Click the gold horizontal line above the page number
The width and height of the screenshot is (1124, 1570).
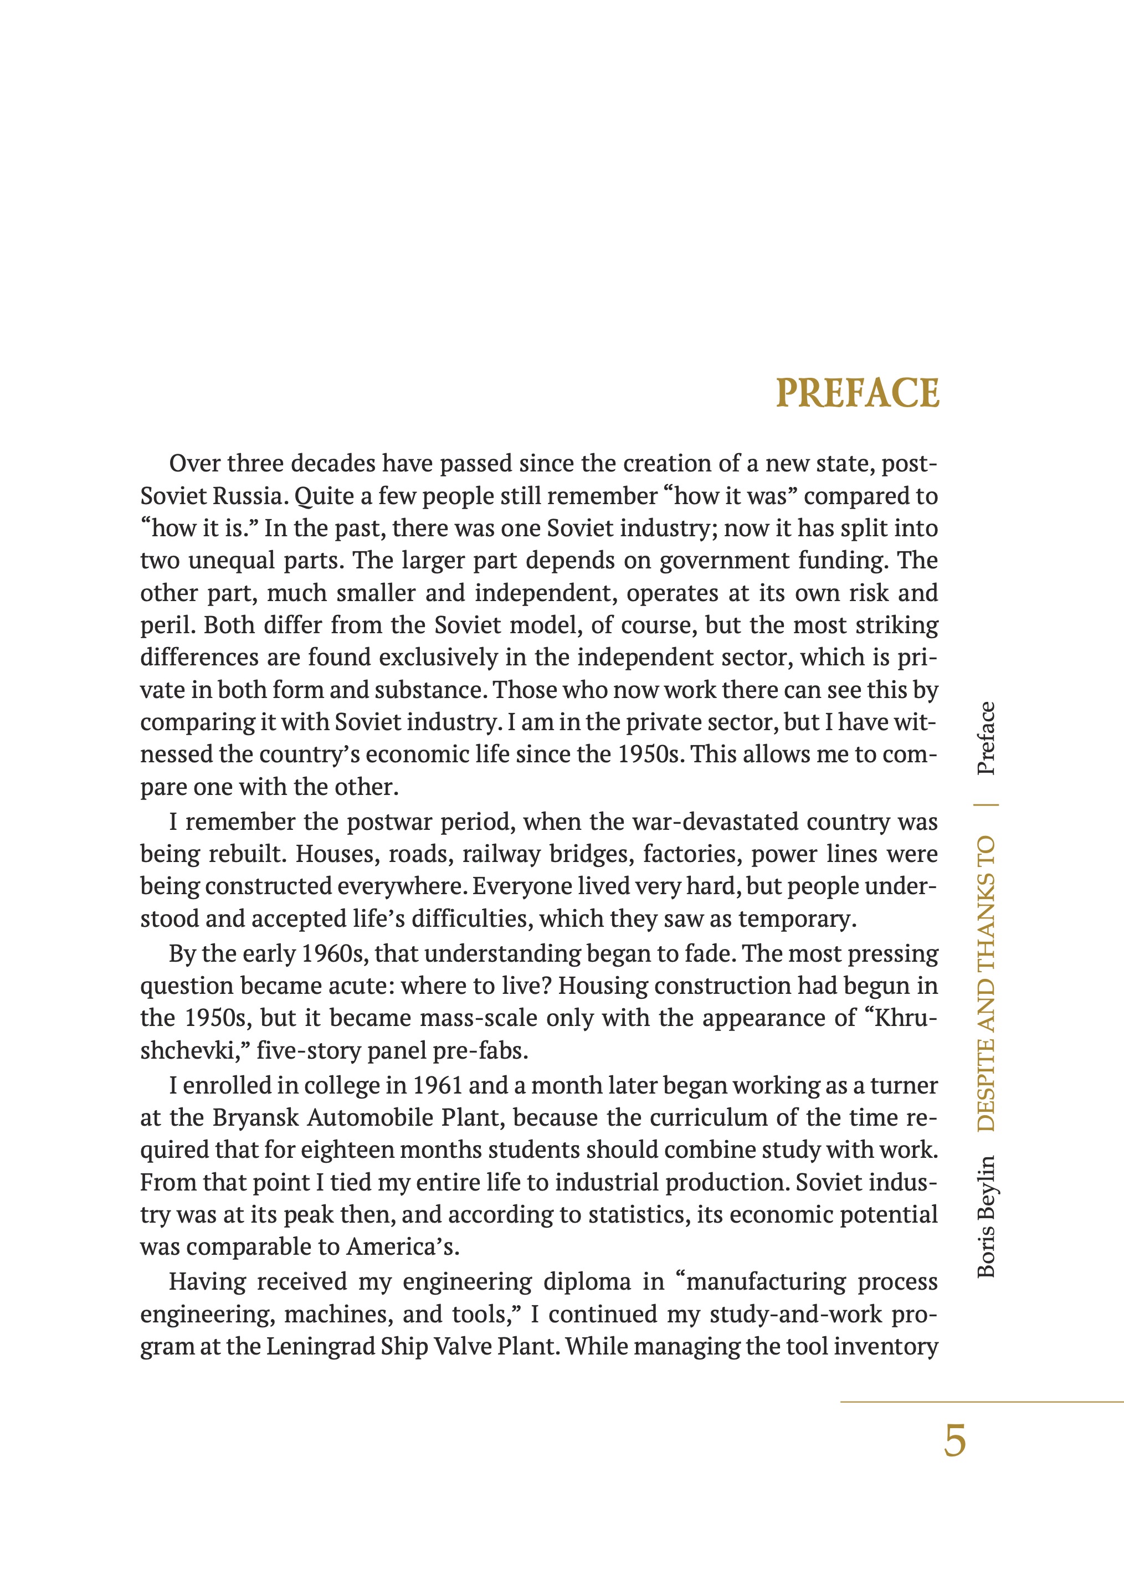pyautogui.click(x=982, y=1402)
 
